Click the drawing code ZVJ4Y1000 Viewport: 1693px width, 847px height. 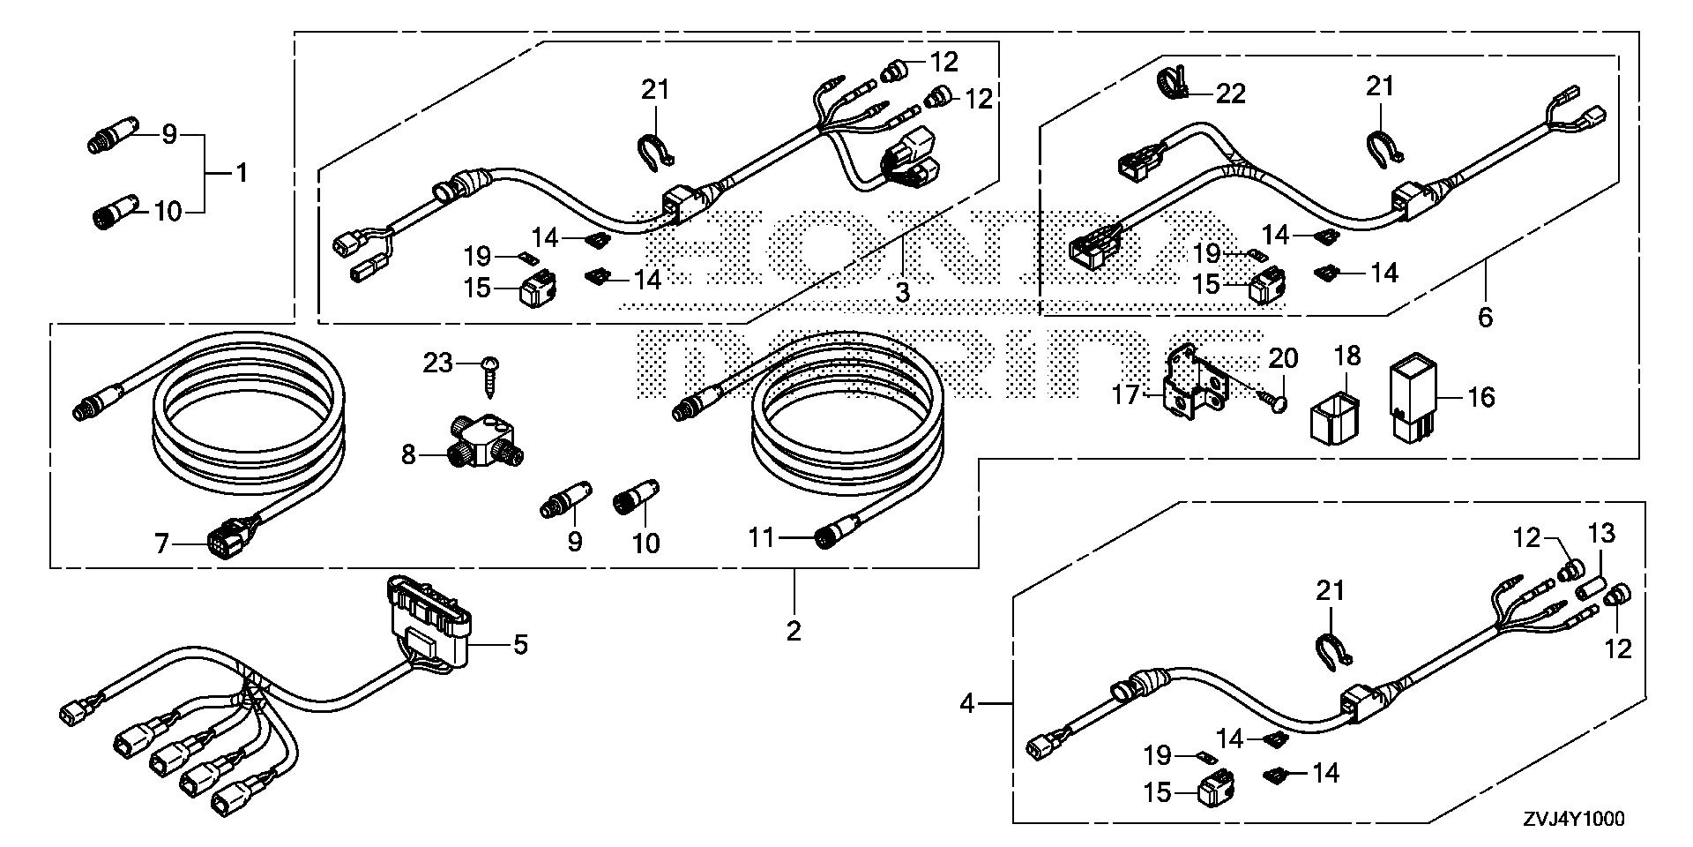point(1572,819)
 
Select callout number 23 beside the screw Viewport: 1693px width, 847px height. point(438,363)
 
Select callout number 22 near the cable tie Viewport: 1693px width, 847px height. point(1231,94)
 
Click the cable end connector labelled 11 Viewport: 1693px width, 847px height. point(832,537)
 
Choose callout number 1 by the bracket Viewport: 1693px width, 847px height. point(241,173)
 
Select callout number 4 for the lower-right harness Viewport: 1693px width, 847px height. point(967,704)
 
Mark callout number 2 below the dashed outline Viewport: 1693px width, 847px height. point(794,631)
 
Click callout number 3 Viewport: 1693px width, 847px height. point(902,292)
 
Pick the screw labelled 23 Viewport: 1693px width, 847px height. point(489,378)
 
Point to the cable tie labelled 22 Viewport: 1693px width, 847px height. point(1171,81)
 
